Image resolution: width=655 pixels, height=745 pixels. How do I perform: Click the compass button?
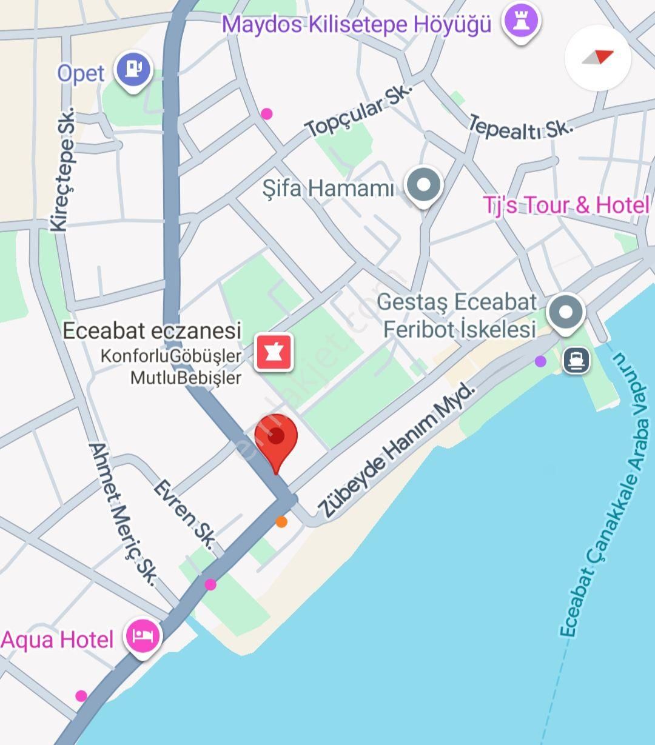pos(598,58)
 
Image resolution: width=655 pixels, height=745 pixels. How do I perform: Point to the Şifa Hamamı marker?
pos(424,185)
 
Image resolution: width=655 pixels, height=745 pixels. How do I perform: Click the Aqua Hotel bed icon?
pos(143,636)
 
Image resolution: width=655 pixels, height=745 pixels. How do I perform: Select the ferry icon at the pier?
pos(576,361)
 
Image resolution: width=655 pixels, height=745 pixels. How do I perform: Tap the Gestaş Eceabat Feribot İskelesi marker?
pos(565,313)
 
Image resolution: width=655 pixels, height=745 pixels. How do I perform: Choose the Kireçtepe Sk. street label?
pos(62,170)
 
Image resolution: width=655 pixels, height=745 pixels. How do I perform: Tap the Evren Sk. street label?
pos(183,515)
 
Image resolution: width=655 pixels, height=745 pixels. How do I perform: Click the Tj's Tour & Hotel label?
pos(565,205)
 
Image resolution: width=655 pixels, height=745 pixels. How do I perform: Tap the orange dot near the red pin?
pos(281,521)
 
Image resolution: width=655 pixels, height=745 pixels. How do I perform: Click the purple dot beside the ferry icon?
pos(540,361)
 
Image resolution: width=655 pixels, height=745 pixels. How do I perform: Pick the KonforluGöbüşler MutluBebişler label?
pos(171,367)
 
